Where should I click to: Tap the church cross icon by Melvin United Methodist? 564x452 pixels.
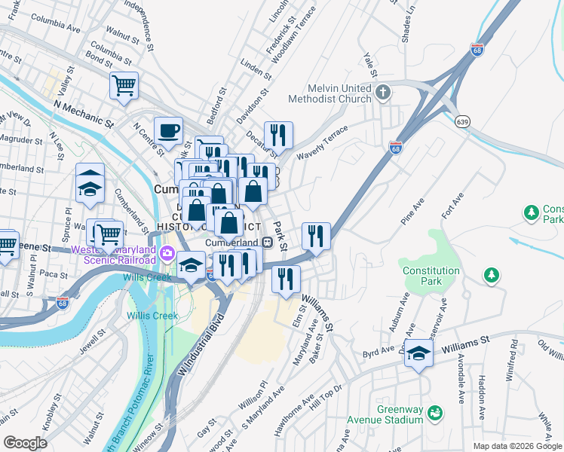click(383, 93)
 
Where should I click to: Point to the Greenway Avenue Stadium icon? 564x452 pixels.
click(434, 413)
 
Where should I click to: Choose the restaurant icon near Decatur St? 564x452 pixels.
click(278, 136)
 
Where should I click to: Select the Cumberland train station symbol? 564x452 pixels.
click(267, 242)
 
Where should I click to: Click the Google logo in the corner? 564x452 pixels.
click(25, 442)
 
